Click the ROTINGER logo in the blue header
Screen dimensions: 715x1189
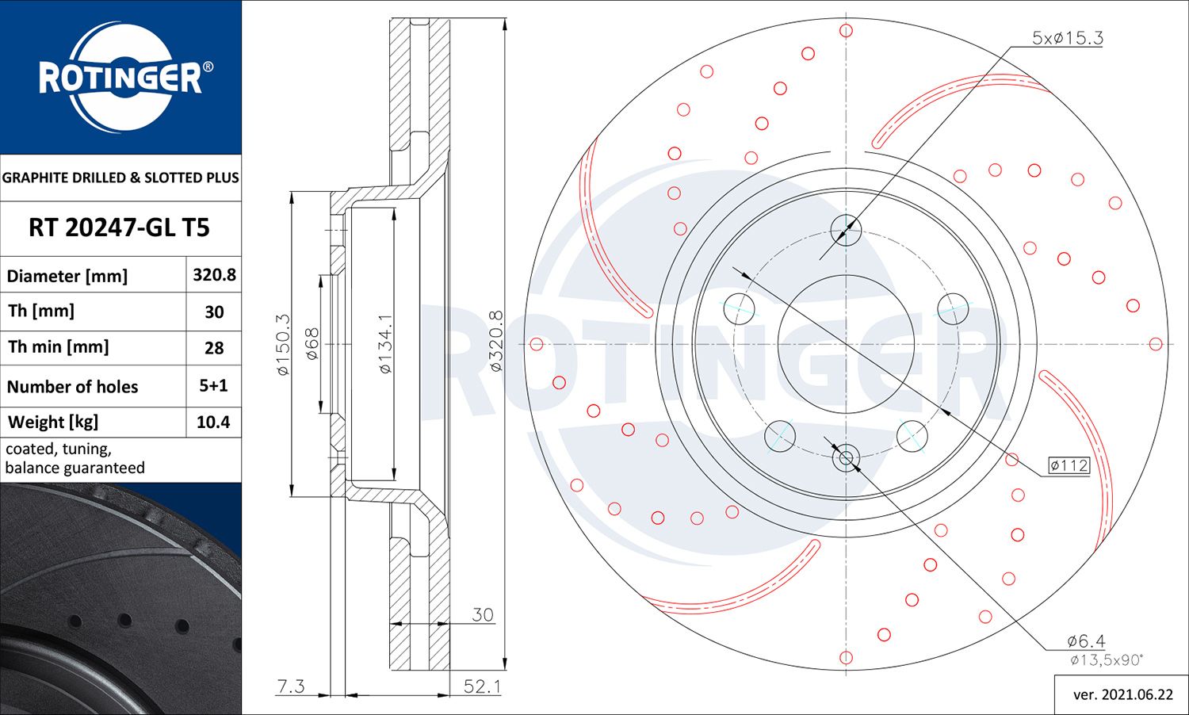(120, 78)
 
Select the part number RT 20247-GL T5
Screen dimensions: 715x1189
(119, 228)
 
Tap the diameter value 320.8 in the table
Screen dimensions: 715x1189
(214, 275)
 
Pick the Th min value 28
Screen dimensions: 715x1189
(214, 348)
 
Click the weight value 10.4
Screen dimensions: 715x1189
(213, 422)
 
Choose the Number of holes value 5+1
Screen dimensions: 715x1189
(213, 386)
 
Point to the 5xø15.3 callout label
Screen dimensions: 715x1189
(1067, 38)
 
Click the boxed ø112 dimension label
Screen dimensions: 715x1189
(1069, 465)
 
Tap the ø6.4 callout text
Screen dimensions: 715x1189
(1085, 640)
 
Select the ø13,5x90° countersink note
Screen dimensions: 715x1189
(1106, 660)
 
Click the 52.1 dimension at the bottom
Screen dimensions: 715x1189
(482, 686)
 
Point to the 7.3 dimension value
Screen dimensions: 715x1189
(290, 686)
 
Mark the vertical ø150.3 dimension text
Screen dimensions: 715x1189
(283, 345)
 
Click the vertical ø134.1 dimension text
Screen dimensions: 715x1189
(385, 343)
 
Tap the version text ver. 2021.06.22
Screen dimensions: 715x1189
(1122, 695)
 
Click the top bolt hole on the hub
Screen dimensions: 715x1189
(846, 231)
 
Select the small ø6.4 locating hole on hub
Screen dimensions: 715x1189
(846, 457)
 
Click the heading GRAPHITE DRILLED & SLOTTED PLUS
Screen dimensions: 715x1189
(120, 178)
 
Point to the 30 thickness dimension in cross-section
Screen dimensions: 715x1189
(482, 614)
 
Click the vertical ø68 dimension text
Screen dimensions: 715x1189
(312, 344)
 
